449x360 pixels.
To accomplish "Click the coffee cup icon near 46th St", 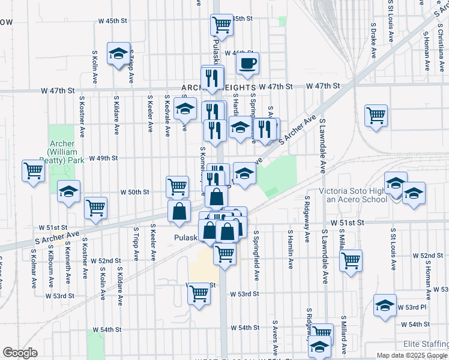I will click(247, 63).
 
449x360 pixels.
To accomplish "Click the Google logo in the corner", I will click(20, 353).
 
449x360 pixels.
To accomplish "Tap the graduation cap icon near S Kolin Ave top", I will click(119, 53).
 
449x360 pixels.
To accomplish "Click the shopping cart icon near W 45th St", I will click(221, 25).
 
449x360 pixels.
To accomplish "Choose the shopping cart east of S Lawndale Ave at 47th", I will click(376, 115).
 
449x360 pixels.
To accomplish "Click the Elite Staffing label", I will click(426, 344).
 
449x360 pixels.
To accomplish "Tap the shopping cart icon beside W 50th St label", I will click(177, 187).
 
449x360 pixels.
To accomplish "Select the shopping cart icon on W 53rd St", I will click(199, 294).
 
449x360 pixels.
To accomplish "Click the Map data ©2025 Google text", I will click(412, 355).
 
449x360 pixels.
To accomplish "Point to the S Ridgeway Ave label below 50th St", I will click(307, 219).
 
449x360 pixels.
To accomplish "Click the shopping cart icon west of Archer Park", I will click(33, 170).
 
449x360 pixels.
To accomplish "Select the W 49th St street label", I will click(103, 158).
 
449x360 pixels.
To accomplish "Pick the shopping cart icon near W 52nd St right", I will click(351, 260).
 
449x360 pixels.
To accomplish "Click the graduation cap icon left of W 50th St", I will click(68, 191).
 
